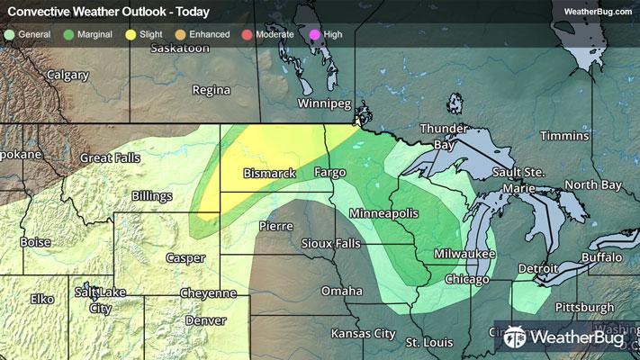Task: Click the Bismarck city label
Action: pyautogui.click(x=270, y=173)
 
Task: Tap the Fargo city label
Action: pyautogui.click(x=331, y=171)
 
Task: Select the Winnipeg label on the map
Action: pyautogui.click(x=323, y=103)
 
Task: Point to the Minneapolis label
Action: pyautogui.click(x=383, y=213)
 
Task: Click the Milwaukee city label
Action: pyautogui.click(x=464, y=255)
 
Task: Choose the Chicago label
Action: pyautogui.click(x=466, y=280)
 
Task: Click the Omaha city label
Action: pyautogui.click(x=342, y=291)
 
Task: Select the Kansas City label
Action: pyautogui.click(x=363, y=333)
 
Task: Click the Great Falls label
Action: pyautogui.click(x=108, y=157)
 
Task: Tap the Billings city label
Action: pyautogui.click(x=151, y=195)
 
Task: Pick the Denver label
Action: pyautogui.click(x=205, y=320)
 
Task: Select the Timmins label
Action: pyautogui.click(x=564, y=135)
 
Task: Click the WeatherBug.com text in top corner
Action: pyautogui.click(x=596, y=12)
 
